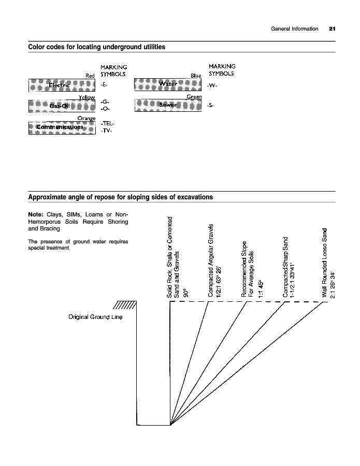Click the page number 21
pyautogui.click(x=332, y=28)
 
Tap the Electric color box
pyautogui.click(x=62, y=85)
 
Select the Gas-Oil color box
pyautogui.click(x=62, y=106)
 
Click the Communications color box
pyautogui.click(x=62, y=127)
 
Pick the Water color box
pyautogui.click(x=168, y=84)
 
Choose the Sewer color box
pyautogui.click(x=168, y=105)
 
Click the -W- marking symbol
pyautogui.click(x=212, y=86)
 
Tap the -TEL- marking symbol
pyautogui.click(x=106, y=124)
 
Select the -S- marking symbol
pyautogui.click(x=210, y=106)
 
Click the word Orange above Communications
pyautogui.click(x=87, y=119)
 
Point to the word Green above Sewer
pyautogui.click(x=194, y=97)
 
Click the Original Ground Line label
pyautogui.click(x=95, y=316)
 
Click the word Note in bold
pyautogui.click(x=36, y=214)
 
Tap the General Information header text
pyautogui.click(x=294, y=28)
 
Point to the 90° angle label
pyautogui.click(x=185, y=293)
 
